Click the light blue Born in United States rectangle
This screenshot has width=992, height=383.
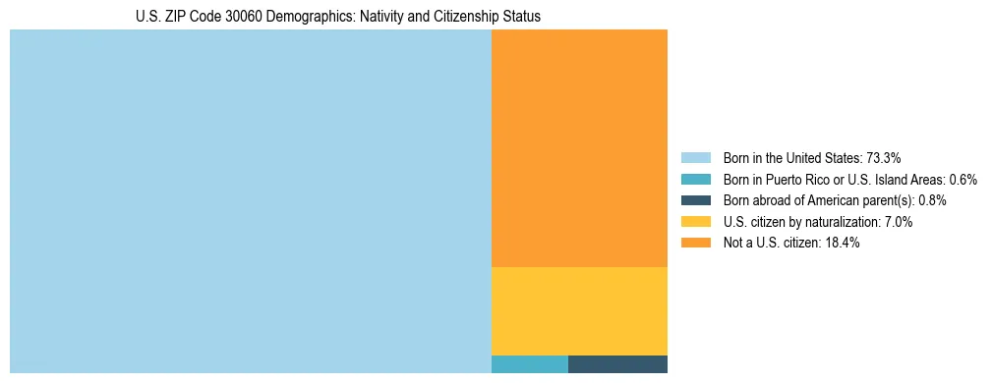coord(250,201)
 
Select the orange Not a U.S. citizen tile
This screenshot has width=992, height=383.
coord(579,147)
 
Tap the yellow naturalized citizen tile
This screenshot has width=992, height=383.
coord(579,310)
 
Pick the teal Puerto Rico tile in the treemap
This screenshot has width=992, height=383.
coord(529,364)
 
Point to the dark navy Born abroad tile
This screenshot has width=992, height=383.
coord(617,364)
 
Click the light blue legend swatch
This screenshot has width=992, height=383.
coord(695,157)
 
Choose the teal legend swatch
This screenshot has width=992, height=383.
coord(695,179)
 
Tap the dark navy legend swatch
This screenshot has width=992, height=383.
coord(695,200)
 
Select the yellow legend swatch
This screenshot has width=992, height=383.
coord(695,222)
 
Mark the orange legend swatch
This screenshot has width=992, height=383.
coord(695,243)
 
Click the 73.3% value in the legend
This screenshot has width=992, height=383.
coord(884,157)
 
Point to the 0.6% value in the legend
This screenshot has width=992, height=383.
coord(963,179)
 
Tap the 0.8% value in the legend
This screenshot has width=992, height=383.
coord(932,200)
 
